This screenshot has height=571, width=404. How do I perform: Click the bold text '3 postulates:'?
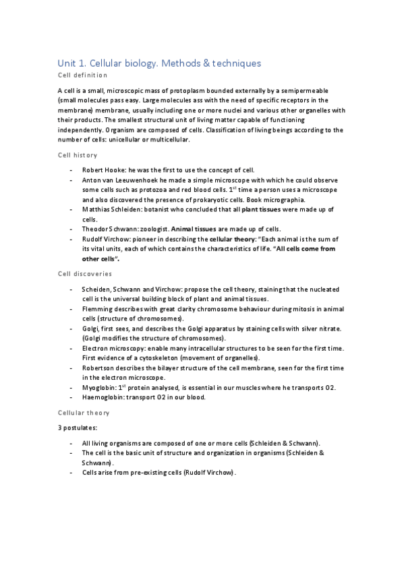coord(78,427)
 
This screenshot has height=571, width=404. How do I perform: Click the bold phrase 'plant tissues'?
coord(256,210)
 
